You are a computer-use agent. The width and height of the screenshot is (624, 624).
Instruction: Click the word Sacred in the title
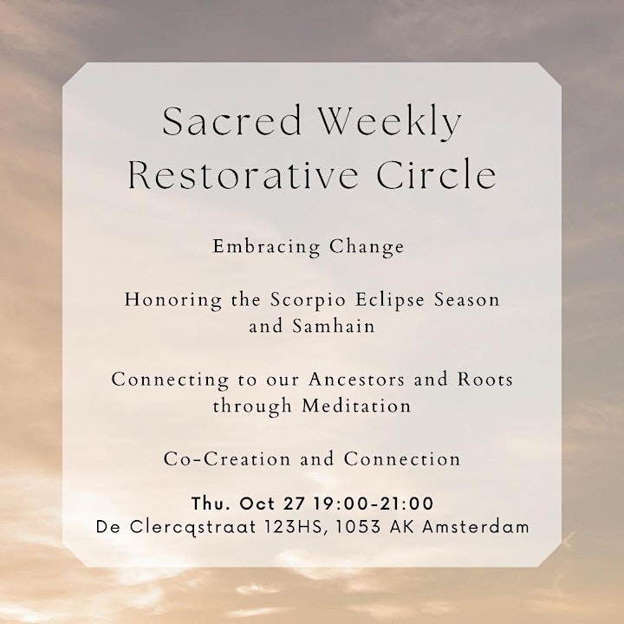click(231, 121)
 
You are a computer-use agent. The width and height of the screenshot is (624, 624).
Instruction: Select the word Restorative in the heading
click(243, 175)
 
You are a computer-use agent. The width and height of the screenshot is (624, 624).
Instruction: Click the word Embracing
click(265, 248)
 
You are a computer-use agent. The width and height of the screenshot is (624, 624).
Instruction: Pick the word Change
click(367, 248)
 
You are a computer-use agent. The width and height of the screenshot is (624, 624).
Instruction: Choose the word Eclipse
click(390, 301)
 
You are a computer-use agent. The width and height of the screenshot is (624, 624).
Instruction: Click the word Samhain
click(334, 327)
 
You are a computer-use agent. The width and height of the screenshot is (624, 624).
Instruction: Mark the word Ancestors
click(356, 380)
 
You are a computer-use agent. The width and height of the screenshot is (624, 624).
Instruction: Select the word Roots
click(485, 380)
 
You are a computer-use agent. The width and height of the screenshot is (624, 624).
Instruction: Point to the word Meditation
click(356, 406)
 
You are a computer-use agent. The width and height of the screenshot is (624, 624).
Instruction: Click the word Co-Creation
click(227, 459)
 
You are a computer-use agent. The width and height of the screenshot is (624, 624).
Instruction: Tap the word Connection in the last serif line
click(402, 459)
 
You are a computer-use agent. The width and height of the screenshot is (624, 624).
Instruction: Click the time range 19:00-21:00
click(374, 504)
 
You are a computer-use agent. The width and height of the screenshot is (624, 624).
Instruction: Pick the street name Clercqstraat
click(193, 528)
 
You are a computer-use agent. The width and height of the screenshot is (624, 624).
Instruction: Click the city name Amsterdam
click(476, 528)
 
